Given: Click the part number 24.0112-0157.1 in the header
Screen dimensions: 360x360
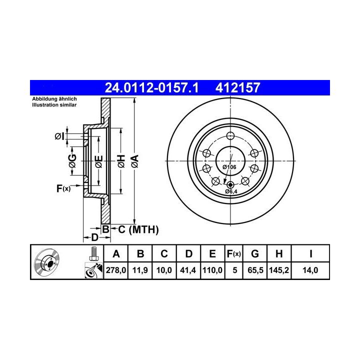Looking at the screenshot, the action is coord(151,87).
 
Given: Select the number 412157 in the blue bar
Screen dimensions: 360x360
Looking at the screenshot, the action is coord(237,87).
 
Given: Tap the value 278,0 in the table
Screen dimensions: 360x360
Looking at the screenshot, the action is coord(116,270).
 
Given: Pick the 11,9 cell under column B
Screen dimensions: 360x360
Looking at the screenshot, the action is coord(140,270).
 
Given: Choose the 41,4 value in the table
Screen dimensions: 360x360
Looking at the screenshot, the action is coord(188,270).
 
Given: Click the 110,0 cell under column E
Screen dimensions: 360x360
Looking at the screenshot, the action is coord(212,270).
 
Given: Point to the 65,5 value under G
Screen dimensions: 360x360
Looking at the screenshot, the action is coord(255,270).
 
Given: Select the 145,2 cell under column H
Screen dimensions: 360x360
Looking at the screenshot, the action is coord(279,270).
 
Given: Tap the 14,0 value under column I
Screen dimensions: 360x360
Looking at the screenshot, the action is coord(310,270).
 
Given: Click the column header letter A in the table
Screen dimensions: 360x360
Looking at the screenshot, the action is coord(116,254).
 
